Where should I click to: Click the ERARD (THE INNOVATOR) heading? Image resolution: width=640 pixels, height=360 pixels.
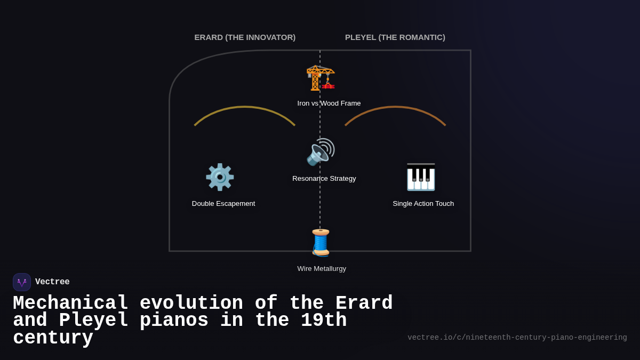[245, 37]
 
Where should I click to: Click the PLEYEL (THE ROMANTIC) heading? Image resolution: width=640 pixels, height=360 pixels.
[395, 37]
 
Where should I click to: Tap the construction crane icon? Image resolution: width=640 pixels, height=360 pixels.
[321, 78]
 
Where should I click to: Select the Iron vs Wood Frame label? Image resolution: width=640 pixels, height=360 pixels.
[329, 103]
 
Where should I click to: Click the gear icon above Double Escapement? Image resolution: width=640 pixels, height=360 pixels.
[220, 177]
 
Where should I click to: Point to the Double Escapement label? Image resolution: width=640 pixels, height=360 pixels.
[223, 204]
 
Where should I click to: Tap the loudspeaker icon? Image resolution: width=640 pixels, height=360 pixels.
[321, 153]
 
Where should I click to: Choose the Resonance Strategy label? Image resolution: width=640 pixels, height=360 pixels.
[324, 179]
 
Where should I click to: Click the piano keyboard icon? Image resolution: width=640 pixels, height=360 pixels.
[421, 177]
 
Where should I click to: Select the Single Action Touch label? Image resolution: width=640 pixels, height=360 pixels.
[423, 204]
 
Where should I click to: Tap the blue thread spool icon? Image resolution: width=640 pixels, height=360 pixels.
[321, 243]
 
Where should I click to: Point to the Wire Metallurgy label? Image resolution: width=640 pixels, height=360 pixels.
[322, 269]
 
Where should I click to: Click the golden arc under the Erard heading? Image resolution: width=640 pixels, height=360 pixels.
[245, 107]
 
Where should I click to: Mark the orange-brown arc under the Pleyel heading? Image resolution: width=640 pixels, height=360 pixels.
[395, 107]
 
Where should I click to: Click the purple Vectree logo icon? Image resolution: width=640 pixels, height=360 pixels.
[22, 282]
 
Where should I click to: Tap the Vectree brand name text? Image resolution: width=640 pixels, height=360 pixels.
[52, 282]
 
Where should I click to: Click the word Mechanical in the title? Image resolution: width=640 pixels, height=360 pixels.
[70, 303]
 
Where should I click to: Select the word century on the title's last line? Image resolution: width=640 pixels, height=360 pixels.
[53, 338]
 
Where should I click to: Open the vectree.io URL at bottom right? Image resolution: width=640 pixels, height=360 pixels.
[517, 338]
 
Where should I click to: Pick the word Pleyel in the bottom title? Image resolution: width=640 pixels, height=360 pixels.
[93, 321]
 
